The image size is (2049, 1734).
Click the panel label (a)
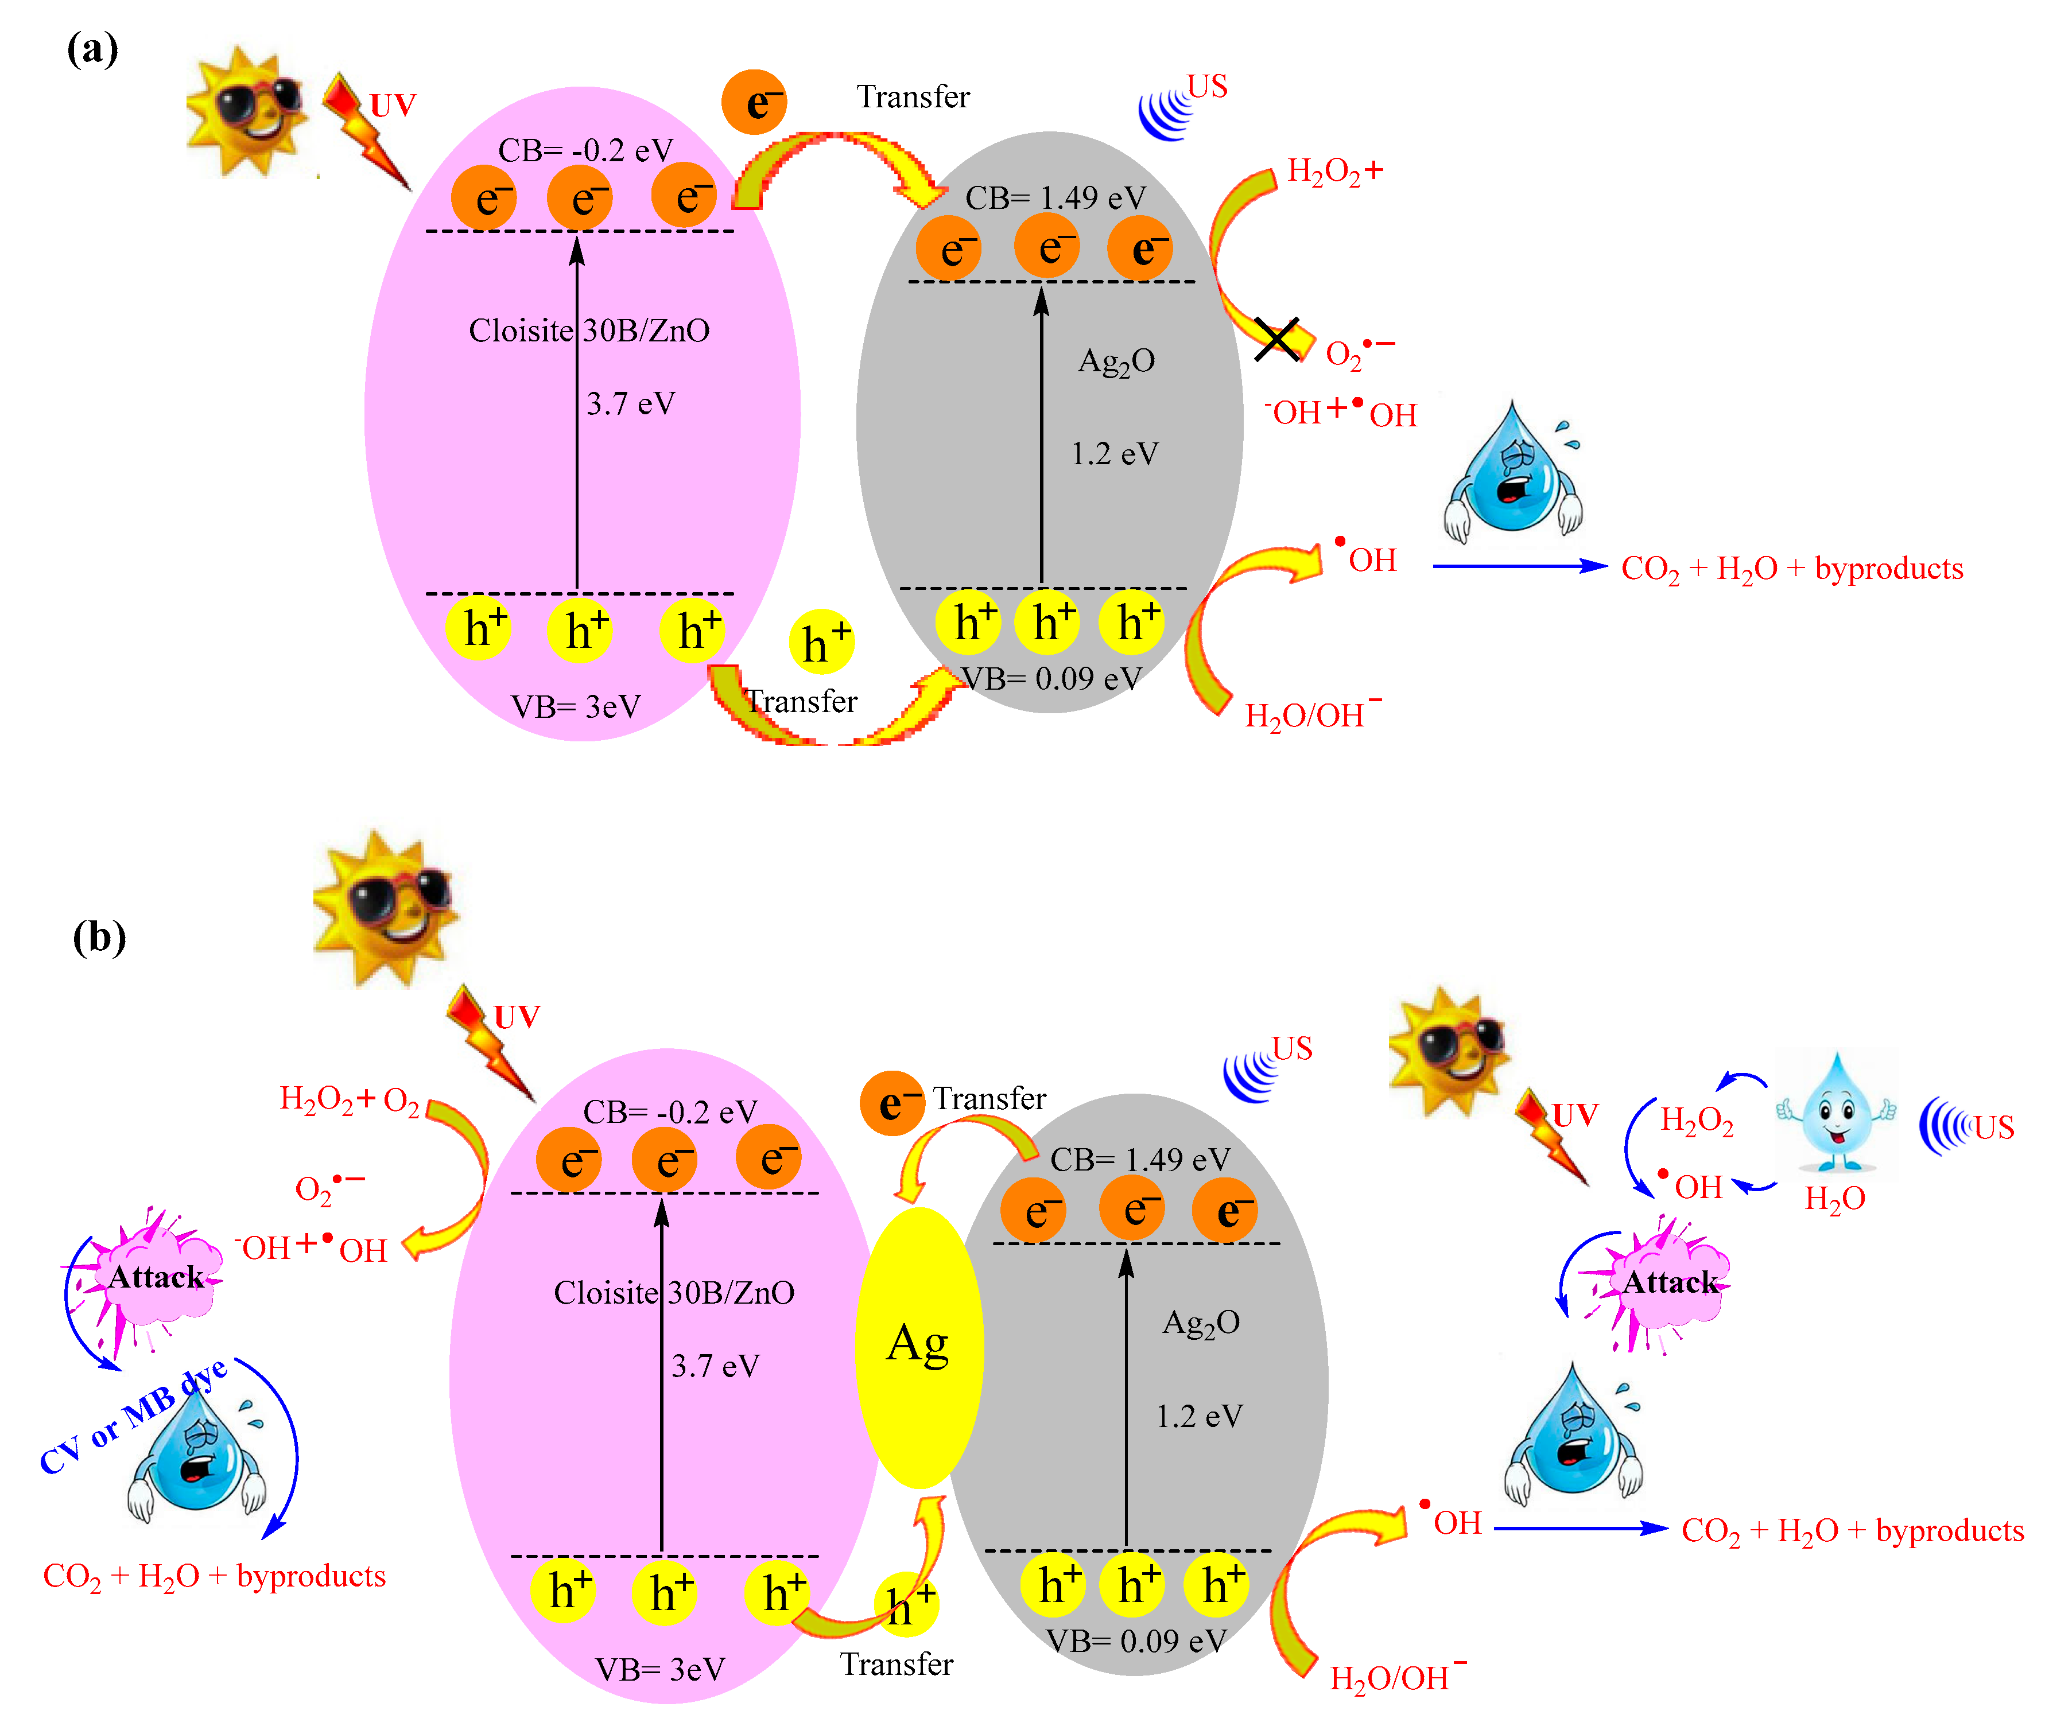92,48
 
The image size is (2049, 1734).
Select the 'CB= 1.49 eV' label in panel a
1055,197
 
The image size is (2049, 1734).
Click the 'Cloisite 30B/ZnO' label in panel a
589,331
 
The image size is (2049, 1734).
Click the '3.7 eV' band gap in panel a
630,403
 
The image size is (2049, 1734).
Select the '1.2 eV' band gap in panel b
1198,1417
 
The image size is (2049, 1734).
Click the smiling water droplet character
1835,1113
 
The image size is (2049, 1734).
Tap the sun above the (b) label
385,907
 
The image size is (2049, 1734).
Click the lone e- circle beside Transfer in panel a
754,101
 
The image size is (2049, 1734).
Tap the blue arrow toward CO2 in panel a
1519,566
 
